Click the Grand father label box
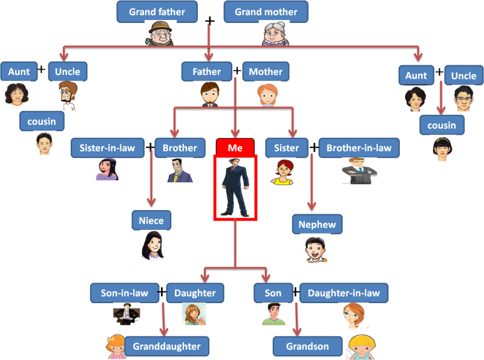157,11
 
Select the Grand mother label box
266,11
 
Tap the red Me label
235,147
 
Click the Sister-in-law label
107,147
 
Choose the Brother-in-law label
359,147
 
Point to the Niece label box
151,221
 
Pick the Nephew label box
317,224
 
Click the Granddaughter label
167,347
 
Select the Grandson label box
308,347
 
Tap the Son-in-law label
125,293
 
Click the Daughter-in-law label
344,293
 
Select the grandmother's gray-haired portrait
274,33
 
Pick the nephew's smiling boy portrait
315,249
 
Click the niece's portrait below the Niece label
153,245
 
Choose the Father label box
207,71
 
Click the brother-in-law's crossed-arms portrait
359,171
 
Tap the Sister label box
286,147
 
